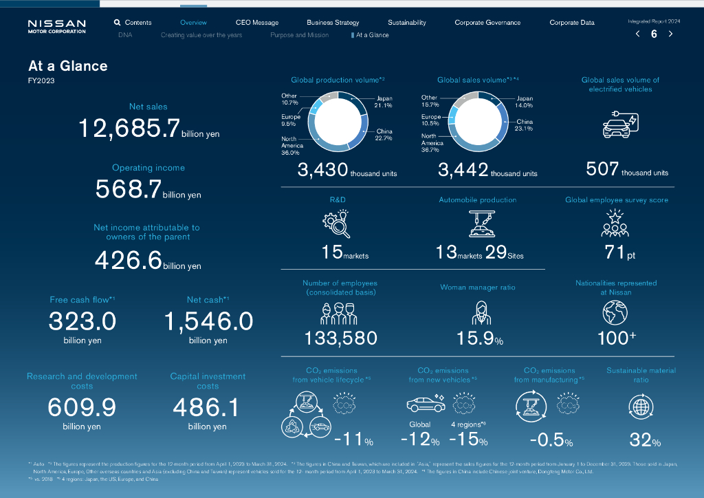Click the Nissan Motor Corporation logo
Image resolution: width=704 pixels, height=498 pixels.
56,26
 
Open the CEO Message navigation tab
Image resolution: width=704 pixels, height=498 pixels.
256,23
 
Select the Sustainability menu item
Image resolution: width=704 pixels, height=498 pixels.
406,23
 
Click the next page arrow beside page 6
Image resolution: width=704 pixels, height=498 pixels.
670,34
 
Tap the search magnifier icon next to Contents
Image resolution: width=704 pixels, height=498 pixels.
118,23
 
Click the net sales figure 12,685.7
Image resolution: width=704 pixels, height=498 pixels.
129,129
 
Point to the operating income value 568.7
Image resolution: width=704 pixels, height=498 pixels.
128,189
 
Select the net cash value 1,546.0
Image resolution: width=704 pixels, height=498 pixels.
208,321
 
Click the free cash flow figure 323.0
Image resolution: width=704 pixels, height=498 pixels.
82,321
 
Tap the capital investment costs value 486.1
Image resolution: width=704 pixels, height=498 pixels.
206,408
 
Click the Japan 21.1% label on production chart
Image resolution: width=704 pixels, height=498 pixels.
384,102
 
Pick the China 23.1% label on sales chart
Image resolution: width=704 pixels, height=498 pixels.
524,125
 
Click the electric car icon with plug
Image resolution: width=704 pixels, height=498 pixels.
619,124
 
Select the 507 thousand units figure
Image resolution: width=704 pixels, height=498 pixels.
602,169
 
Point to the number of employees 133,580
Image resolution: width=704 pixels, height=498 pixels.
341,338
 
